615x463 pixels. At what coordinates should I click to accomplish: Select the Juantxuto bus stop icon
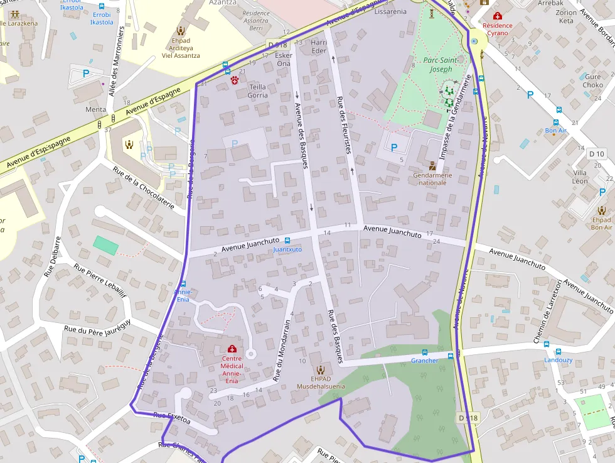[287, 241]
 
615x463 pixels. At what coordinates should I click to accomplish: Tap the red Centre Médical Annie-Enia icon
[231, 349]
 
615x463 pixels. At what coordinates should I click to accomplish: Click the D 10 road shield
[596, 154]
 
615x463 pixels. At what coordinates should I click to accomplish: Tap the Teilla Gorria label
[258, 91]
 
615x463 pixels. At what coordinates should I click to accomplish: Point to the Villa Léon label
[580, 177]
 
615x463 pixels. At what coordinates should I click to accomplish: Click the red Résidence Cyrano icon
[498, 16]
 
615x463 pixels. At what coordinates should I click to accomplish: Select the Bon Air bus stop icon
[556, 123]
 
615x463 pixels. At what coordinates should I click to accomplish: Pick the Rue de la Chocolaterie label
[144, 187]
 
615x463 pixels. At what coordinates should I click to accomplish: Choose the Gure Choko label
[592, 81]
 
